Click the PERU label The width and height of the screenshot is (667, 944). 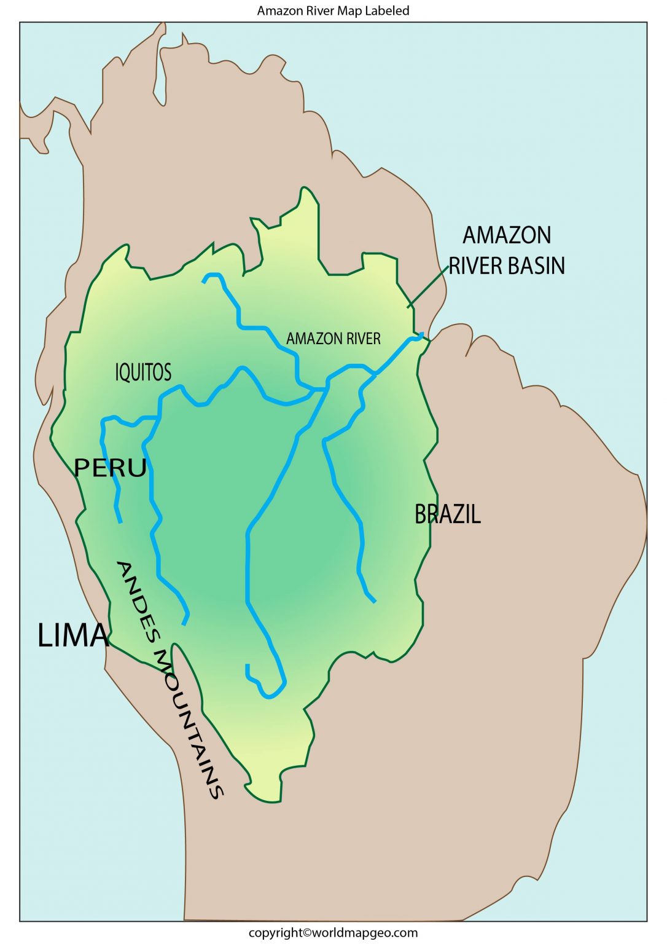coord(111,468)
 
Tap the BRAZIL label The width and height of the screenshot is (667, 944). coord(447,514)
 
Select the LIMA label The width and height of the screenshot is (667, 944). coord(73,635)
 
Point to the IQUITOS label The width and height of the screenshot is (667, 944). coord(143,372)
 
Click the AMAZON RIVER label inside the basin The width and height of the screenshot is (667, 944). coord(333,339)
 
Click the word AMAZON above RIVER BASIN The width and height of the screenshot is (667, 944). coord(507,235)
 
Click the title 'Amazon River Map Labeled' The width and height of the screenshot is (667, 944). coord(333,10)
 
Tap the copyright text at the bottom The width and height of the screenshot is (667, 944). coord(333,933)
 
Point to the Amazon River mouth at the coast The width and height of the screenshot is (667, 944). coord(422,336)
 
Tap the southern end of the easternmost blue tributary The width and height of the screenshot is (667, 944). coord(373,600)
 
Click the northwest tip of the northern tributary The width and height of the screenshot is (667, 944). coord(205,281)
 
